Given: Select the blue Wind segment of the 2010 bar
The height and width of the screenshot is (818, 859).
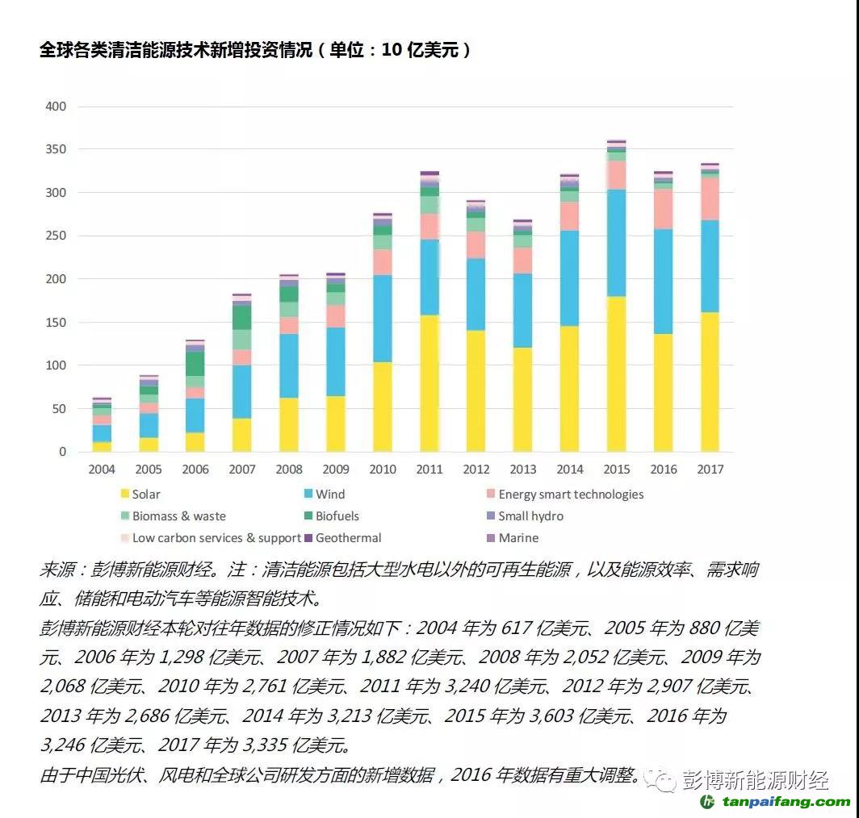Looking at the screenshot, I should point(382,319).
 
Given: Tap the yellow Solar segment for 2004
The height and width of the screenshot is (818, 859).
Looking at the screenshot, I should point(102,446).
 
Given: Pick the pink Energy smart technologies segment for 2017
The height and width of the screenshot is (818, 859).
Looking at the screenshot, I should point(710,198).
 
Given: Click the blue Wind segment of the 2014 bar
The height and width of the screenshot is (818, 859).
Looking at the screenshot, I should point(569,278).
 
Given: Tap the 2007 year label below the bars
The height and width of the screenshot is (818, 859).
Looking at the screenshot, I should point(242,470).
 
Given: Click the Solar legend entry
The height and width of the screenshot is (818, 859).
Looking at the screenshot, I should point(145,495).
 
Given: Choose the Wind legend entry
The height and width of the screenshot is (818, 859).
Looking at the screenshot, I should point(329,495).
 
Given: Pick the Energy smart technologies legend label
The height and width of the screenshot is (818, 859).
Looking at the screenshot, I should point(570,495).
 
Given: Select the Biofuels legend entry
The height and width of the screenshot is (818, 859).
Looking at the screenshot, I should point(337,516).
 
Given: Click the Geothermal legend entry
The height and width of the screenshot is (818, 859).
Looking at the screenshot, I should point(348,538).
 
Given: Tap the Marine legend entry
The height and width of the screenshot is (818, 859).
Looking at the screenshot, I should point(517,538).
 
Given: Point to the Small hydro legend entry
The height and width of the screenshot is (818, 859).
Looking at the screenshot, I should point(530,516).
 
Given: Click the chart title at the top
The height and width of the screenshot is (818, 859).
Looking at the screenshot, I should point(255,50).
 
